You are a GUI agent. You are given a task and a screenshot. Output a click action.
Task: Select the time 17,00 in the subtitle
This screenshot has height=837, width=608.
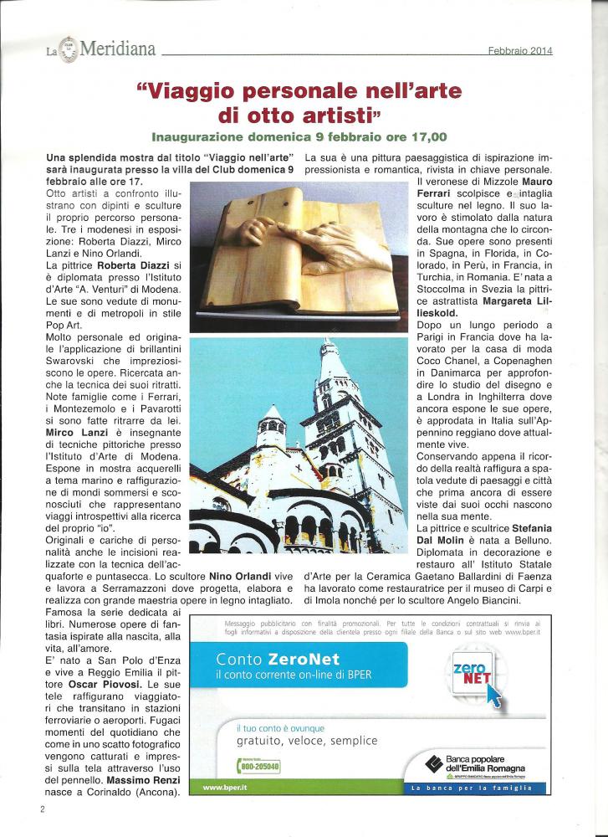coord(423,136)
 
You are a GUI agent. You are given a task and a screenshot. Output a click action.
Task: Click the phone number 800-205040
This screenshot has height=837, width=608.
coord(259,766)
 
